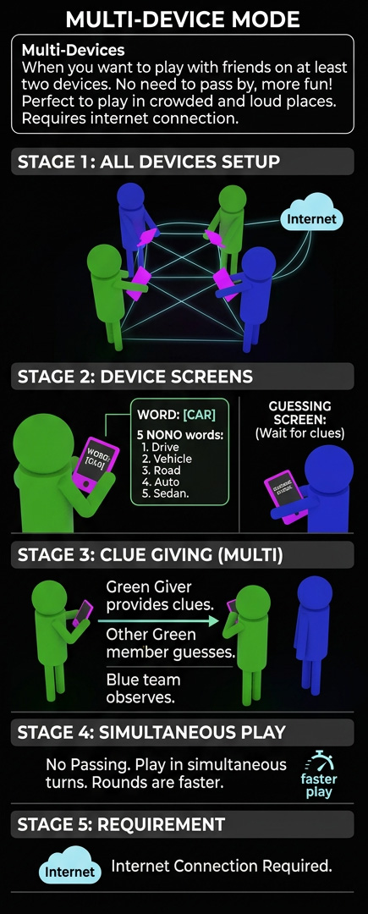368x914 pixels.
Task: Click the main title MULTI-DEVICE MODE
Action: [184, 19]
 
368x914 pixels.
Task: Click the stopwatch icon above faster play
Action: [318, 761]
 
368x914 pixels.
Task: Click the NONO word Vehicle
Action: [172, 459]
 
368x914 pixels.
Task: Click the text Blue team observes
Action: [143, 688]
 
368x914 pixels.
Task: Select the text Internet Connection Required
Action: [222, 866]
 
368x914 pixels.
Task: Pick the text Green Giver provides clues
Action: [160, 596]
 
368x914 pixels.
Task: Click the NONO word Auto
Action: [167, 482]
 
